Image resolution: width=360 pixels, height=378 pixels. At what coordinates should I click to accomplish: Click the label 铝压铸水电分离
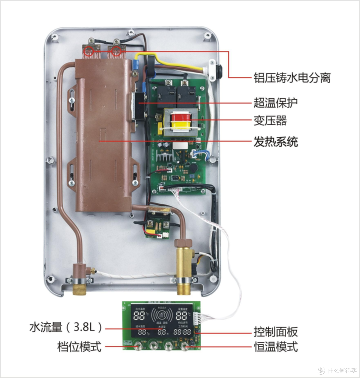click(x=292, y=78)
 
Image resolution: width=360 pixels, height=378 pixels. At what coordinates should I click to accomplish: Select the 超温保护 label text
click(x=275, y=103)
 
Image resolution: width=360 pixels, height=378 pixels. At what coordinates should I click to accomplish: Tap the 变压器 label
click(x=270, y=120)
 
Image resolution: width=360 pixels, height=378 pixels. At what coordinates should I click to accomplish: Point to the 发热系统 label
click(x=275, y=142)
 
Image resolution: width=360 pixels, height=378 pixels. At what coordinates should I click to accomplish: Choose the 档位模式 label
click(x=79, y=347)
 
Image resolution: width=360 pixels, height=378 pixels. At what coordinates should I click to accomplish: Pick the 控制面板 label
click(x=275, y=332)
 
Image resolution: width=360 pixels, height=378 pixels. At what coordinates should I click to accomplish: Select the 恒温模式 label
click(x=275, y=347)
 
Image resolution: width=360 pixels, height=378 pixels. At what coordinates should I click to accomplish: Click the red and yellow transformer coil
click(x=181, y=121)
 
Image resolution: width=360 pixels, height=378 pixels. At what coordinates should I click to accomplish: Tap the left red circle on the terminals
click(x=89, y=51)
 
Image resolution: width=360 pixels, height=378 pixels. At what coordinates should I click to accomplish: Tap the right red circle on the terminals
click(x=116, y=51)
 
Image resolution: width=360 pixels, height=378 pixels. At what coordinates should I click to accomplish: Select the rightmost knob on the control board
click(x=184, y=347)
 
